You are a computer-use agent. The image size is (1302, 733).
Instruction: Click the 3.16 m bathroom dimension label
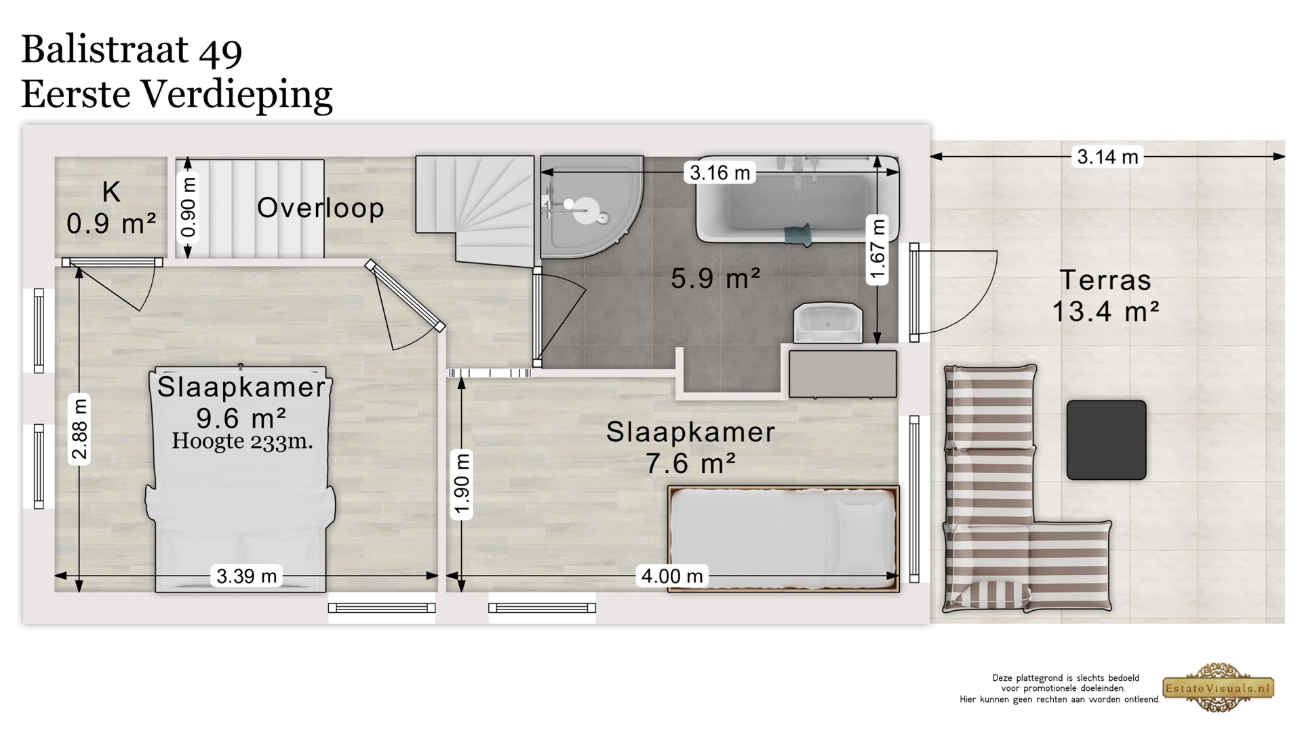[x=719, y=173]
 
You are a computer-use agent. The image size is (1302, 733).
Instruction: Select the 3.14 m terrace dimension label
[x=1107, y=157]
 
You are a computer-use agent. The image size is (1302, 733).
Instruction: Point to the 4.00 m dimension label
[x=672, y=576]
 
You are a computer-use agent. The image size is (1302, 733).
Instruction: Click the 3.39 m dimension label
[x=247, y=576]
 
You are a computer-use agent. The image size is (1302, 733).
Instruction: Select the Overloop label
[x=320, y=208]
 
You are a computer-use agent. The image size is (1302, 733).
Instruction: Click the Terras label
[x=1105, y=280]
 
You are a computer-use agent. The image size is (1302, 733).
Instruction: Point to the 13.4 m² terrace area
[x=1105, y=312]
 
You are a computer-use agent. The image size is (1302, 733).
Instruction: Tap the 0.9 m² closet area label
[x=111, y=223]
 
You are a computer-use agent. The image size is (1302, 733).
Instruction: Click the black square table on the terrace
[x=1106, y=440]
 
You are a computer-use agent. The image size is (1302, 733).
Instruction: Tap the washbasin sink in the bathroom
[x=828, y=323]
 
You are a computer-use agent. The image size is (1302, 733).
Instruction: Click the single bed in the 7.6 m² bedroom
[x=783, y=539]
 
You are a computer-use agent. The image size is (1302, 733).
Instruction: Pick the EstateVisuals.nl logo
[x=1219, y=688]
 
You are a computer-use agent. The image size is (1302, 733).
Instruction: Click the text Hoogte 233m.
[x=242, y=442]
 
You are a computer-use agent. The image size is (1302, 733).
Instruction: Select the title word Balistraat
[x=104, y=50]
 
